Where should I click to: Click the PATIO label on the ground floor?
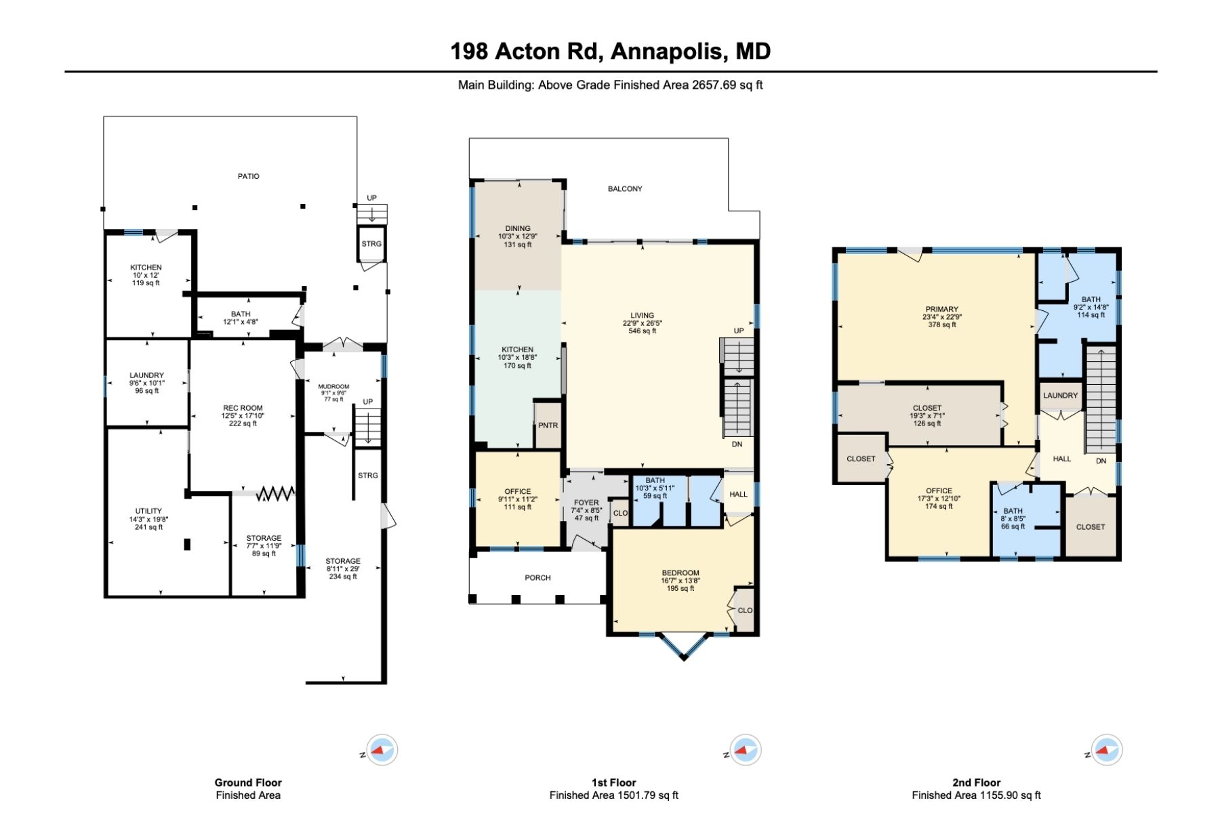coord(248,176)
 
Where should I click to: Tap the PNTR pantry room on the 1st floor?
coord(548,425)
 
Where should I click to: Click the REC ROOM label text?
coord(243,408)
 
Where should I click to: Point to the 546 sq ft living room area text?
coord(642,331)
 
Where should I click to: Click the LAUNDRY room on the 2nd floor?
coord(1060,396)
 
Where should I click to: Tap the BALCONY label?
coord(624,189)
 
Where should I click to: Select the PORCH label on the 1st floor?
coord(537,578)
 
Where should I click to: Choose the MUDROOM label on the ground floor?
coord(333,387)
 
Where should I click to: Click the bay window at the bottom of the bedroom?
coord(684,647)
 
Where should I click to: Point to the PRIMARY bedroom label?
coord(941,309)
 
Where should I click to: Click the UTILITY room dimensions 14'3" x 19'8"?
coord(148,520)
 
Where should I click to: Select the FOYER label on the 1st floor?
coord(586,503)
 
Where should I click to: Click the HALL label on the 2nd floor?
coord(1061,459)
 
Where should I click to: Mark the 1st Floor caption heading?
coord(613,783)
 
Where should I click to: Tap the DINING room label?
coord(518,228)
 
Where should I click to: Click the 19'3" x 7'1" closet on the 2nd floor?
coord(927,416)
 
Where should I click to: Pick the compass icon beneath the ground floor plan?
coord(382,750)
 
